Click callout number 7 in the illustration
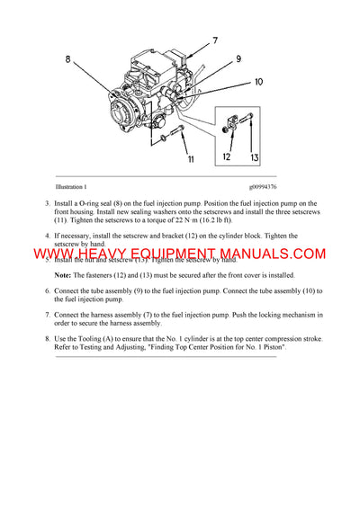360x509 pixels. [x=214, y=40]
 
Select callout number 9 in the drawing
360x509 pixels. [x=238, y=59]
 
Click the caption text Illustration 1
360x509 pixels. [x=71, y=187]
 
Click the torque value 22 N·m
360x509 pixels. [x=187, y=219]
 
